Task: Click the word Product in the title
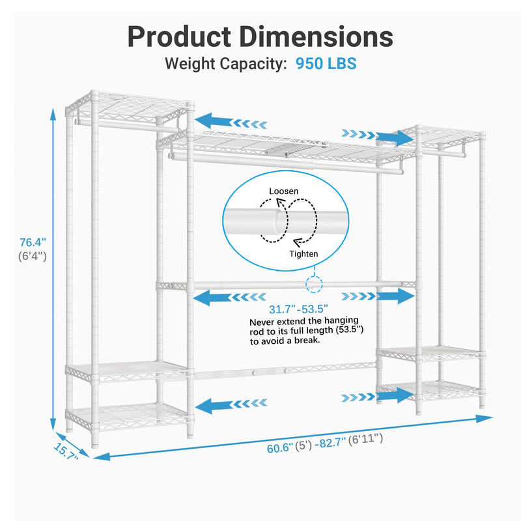180,36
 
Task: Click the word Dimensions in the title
317,36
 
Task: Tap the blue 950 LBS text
326,63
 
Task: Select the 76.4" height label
33,242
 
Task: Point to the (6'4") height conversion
33,256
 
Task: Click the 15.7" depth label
66,451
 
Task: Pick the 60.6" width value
280,448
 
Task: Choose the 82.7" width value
332,443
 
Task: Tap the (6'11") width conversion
365,439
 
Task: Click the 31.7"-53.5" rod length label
298,309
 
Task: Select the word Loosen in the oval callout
284,191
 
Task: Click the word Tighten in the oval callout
303,254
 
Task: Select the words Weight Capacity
226,63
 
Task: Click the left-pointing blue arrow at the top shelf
231,122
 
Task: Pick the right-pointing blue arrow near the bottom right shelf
378,396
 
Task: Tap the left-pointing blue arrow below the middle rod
230,297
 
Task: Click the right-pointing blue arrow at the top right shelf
378,137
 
